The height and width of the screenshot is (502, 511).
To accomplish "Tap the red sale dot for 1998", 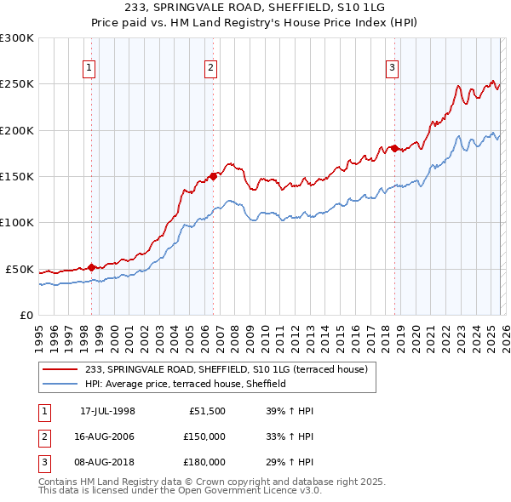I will [x=91, y=267].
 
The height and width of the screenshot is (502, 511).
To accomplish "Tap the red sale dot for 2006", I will [x=213, y=176].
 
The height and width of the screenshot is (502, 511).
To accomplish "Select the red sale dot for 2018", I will [x=394, y=148].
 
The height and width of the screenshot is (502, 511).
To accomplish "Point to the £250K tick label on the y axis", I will [x=17, y=84].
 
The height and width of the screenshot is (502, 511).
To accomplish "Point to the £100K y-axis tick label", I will [x=17, y=222].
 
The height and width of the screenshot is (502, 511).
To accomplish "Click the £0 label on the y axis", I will [x=26, y=315].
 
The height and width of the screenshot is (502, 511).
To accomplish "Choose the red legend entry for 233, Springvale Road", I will [x=226, y=369].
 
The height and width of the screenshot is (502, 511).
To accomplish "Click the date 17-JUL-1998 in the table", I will [x=107, y=412].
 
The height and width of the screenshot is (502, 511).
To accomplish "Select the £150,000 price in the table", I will [x=204, y=437].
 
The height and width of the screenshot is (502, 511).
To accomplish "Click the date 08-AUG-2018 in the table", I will [x=107, y=463].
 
